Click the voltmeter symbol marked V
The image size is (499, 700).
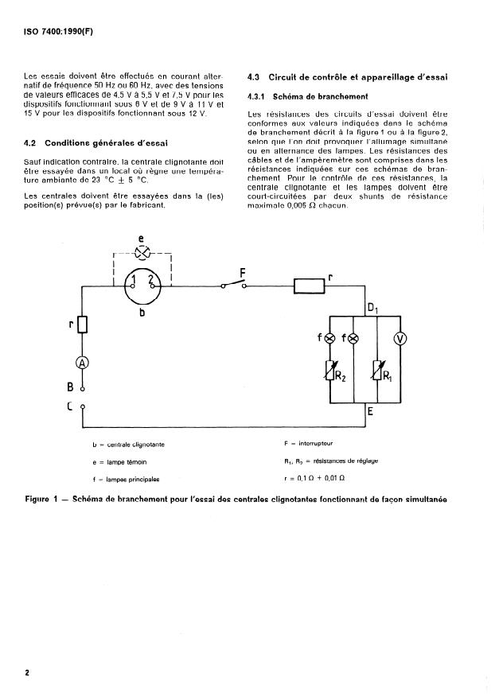click(x=401, y=340)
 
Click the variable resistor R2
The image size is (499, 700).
click(x=329, y=371)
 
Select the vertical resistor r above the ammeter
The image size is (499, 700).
click(x=80, y=325)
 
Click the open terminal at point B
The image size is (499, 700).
click(x=81, y=389)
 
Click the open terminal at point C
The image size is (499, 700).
click(x=81, y=407)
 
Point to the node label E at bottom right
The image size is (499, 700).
click(x=371, y=413)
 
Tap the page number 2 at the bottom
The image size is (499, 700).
click(x=27, y=672)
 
